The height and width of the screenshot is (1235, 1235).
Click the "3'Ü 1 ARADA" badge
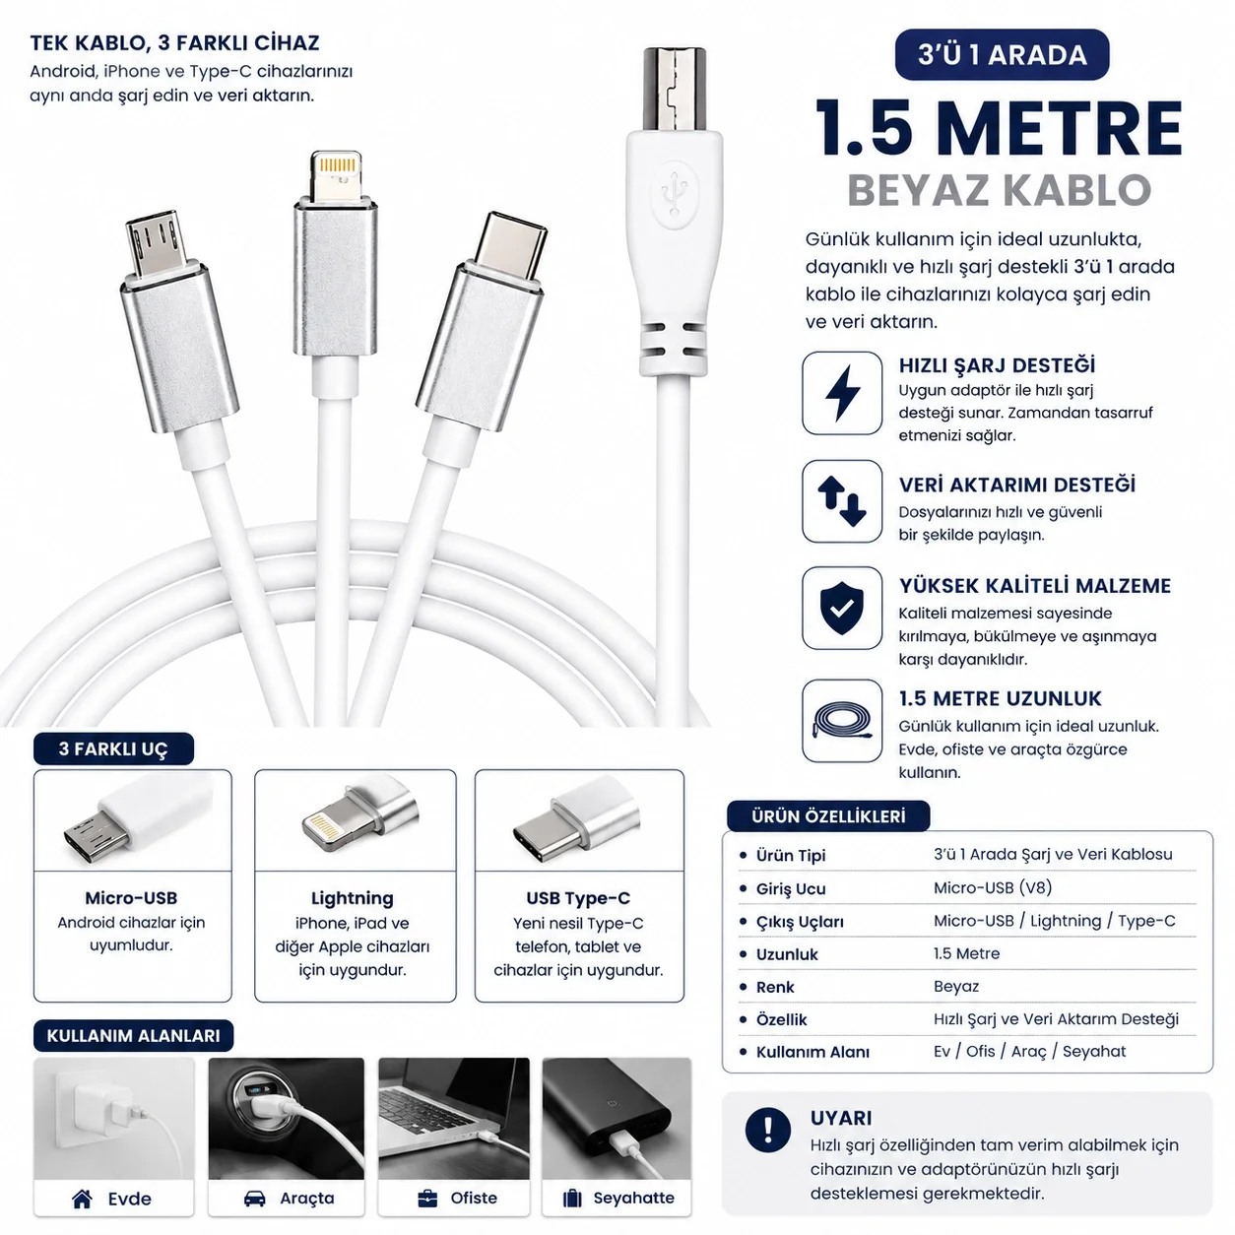(x=1001, y=54)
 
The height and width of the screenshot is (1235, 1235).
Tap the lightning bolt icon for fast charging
(x=841, y=393)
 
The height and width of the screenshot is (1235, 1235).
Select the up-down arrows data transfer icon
(x=841, y=501)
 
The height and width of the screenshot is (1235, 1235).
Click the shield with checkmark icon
(x=841, y=608)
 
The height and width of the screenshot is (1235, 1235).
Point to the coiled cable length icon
(x=841, y=722)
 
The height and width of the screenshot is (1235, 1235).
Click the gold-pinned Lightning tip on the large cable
(x=336, y=171)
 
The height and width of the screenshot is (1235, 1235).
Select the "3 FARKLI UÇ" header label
(x=113, y=748)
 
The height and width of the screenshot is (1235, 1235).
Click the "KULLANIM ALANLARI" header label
(x=133, y=1036)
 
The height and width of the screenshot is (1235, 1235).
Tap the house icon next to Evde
(x=83, y=1199)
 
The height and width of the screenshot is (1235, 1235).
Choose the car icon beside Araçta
(x=255, y=1199)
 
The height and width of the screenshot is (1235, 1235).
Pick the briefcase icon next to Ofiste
(x=427, y=1199)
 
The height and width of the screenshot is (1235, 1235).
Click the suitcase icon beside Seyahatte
(x=572, y=1199)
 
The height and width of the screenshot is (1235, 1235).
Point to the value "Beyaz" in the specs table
(x=956, y=987)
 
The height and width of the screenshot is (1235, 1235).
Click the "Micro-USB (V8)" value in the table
(x=993, y=887)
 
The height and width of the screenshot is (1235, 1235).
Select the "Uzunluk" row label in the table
(x=787, y=954)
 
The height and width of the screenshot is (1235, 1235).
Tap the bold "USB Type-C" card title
(x=579, y=898)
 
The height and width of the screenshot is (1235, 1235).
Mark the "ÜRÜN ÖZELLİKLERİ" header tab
(x=828, y=816)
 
